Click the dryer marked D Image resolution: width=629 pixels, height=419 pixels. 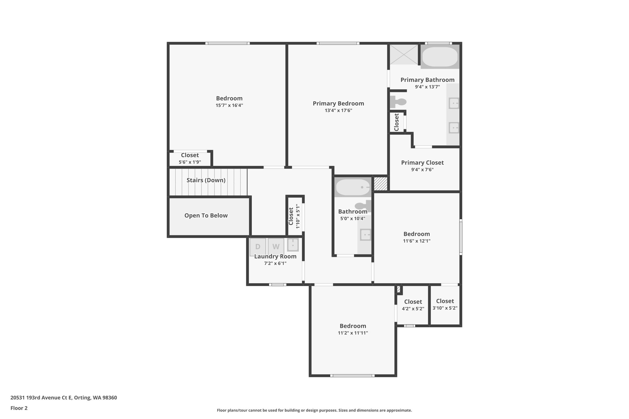click(x=258, y=246)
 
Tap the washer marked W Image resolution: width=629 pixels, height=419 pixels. click(x=276, y=246)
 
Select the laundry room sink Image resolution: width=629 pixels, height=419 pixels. click(x=293, y=245)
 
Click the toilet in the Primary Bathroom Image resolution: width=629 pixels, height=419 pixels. click(x=398, y=102)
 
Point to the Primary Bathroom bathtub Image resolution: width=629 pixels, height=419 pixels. click(x=440, y=57)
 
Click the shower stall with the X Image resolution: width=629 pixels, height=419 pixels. click(x=404, y=55)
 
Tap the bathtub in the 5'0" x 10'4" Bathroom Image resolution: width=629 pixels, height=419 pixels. click(x=353, y=187)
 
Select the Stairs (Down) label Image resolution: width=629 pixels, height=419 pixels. click(x=206, y=180)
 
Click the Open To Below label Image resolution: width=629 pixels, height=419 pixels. click(x=206, y=215)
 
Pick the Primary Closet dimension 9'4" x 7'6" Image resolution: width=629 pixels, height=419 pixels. click(x=422, y=169)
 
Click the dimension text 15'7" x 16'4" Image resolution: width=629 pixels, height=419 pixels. click(x=229, y=105)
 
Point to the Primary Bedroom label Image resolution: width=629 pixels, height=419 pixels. click(x=338, y=103)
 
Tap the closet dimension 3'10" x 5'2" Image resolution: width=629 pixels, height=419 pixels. click(x=445, y=308)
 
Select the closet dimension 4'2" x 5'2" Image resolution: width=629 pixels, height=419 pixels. click(x=413, y=308)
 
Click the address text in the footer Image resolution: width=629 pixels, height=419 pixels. click(x=64, y=398)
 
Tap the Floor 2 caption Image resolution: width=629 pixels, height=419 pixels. click(x=19, y=408)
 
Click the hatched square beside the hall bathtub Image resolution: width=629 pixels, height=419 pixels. click(x=380, y=183)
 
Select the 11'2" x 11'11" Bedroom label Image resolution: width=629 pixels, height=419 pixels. click(x=353, y=326)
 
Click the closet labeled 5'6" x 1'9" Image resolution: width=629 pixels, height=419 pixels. click(x=190, y=158)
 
